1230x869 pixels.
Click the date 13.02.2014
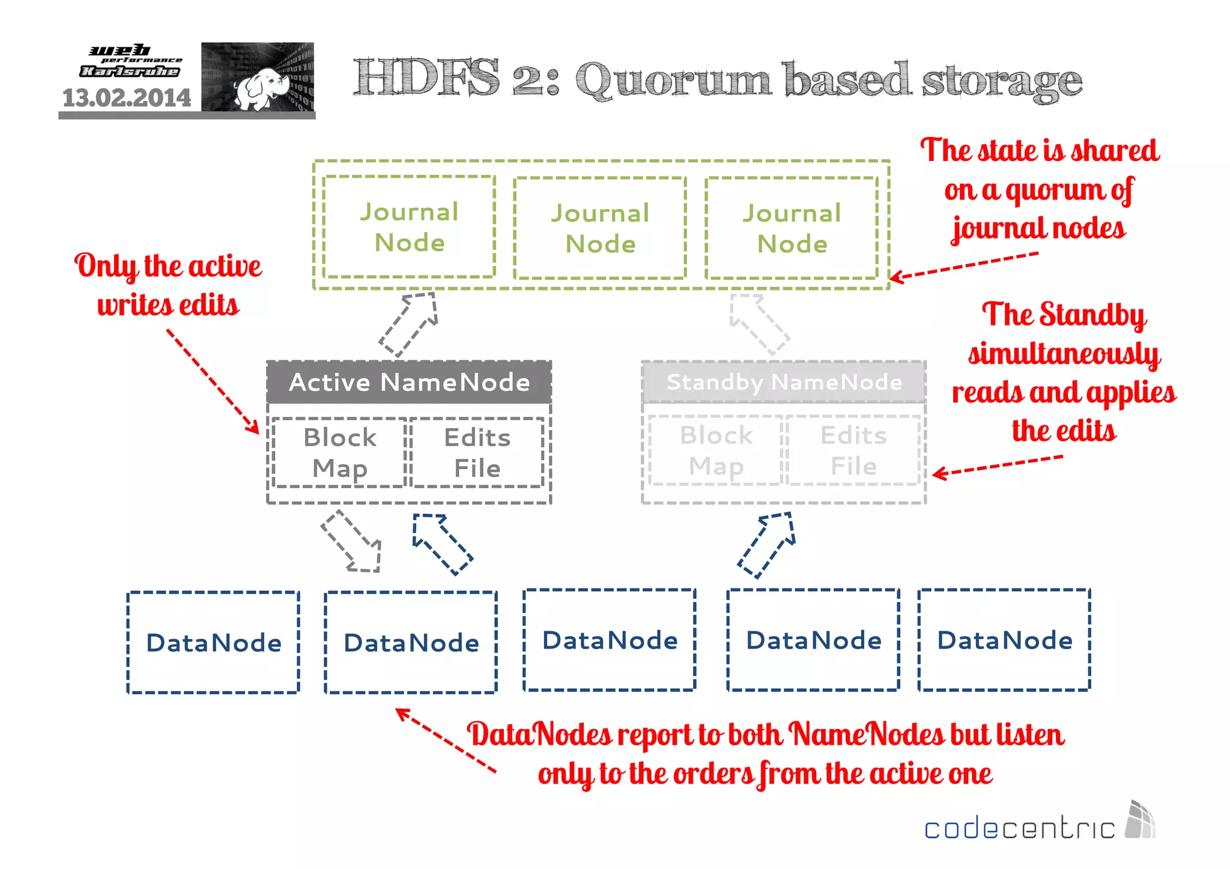coord(127,98)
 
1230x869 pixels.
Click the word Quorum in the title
coord(672,80)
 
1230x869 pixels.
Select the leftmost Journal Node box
coord(409,227)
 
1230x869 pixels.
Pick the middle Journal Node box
coord(600,228)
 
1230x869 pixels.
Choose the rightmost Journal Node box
coord(792,228)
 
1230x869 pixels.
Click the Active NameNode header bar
coord(409,382)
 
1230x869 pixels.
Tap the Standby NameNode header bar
coord(784,382)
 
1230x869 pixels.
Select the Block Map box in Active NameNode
coord(339,452)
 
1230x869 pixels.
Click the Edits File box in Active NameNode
coord(477,452)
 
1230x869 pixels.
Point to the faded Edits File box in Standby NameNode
coord(853,450)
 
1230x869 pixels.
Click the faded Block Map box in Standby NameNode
coord(716,450)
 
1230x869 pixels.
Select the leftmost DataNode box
coord(213,642)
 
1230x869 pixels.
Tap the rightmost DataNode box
coord(1004,640)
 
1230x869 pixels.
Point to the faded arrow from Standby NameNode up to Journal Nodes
coord(758,323)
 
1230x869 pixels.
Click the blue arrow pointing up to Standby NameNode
coord(768,544)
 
